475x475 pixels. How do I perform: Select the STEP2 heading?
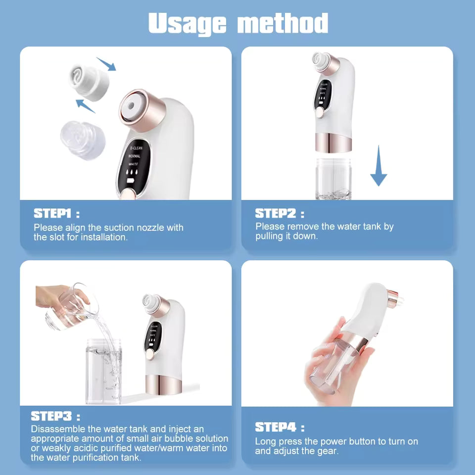coord(275,214)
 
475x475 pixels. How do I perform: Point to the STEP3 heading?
coord(51,416)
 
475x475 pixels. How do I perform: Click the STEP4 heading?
coord(275,427)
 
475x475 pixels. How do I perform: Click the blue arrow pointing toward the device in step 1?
coord(105,64)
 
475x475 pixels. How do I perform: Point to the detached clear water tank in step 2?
coord(334,179)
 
